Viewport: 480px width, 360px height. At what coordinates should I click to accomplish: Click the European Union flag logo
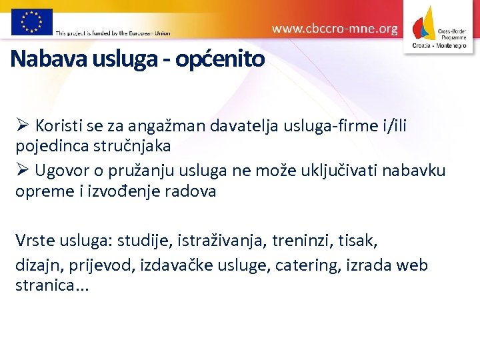click(x=31, y=21)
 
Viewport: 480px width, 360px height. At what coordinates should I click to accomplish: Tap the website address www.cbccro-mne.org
click(x=335, y=29)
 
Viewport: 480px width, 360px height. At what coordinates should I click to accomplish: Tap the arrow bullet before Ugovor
click(x=22, y=170)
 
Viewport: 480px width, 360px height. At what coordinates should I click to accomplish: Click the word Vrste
click(x=35, y=240)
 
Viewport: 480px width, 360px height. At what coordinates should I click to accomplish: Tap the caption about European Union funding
click(x=113, y=33)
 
